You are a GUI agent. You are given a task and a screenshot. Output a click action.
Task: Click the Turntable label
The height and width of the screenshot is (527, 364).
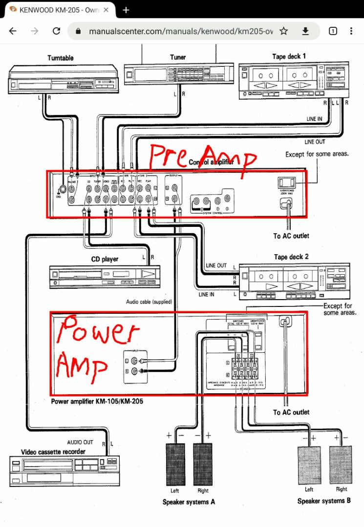coord(61,58)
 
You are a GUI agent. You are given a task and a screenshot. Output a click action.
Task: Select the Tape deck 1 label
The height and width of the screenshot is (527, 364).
coord(289,57)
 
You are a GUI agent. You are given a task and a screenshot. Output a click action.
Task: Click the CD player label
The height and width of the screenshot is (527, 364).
coord(105,259)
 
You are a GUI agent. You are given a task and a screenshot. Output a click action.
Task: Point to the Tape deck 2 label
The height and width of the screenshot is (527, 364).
coord(291,257)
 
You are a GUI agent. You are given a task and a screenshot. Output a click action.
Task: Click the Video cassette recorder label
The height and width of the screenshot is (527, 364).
coord(53,452)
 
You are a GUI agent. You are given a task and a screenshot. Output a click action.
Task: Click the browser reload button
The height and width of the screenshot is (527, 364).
coord(56,31)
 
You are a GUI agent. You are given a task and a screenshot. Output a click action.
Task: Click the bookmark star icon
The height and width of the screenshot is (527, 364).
coord(283,31)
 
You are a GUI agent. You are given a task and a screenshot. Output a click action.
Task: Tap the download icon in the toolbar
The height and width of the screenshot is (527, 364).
coord(305,31)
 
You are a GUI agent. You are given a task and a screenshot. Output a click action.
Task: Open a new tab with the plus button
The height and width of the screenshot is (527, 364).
coord(126,10)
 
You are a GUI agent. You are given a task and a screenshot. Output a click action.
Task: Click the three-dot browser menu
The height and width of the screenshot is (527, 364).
coord(351,31)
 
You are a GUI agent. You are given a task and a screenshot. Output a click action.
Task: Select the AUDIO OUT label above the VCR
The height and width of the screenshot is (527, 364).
coord(80,443)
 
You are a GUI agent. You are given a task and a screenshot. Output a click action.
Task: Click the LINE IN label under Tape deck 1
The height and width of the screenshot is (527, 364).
coord(315,119)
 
